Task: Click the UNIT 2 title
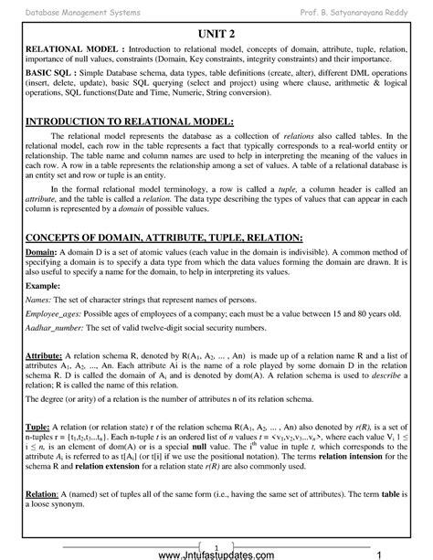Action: click(x=216, y=30)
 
